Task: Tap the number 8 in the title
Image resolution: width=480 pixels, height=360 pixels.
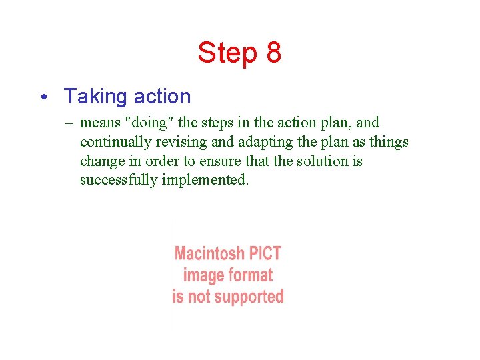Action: pyautogui.click(x=273, y=53)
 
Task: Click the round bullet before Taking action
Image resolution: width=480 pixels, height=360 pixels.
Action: pyautogui.click(x=43, y=97)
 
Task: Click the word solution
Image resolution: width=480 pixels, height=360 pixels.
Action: pyautogui.click(x=320, y=161)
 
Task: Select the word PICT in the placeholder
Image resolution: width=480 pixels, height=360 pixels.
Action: pyautogui.click(x=266, y=253)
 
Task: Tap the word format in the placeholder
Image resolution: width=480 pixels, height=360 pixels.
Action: pyautogui.click(x=250, y=275)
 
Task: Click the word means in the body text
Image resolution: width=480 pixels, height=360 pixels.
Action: pyautogui.click(x=100, y=123)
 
